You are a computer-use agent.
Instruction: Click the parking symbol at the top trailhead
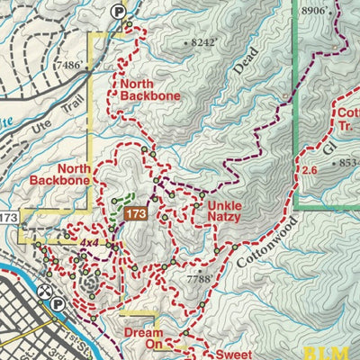[x=117, y=11]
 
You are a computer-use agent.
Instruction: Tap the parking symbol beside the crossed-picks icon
[x=58, y=304]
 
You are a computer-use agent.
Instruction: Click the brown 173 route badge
[x=136, y=213]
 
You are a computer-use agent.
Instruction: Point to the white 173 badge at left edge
[x=8, y=218]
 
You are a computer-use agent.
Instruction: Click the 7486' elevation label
[x=75, y=65]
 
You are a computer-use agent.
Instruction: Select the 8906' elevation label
[x=313, y=10]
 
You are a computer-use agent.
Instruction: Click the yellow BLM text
[x=339, y=352]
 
